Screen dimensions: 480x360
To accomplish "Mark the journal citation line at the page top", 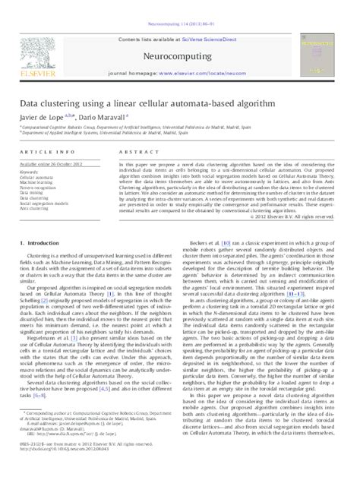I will click(179, 5).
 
